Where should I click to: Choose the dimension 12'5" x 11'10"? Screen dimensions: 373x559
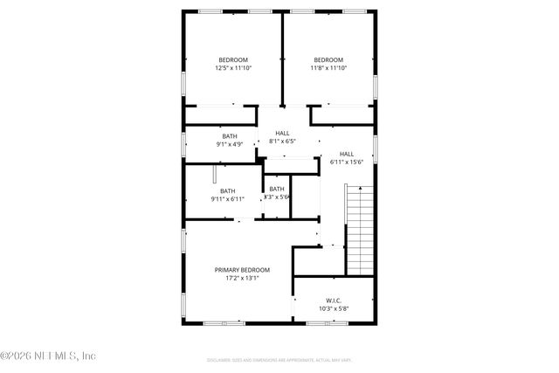(x=233, y=68)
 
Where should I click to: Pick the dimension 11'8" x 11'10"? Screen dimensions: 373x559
(x=328, y=68)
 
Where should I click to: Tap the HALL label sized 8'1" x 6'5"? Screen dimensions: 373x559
(x=282, y=133)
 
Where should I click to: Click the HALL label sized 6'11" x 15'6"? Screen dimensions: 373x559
(x=347, y=153)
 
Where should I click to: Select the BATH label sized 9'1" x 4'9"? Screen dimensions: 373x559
(x=229, y=136)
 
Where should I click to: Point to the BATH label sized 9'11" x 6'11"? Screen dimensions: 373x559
(x=227, y=191)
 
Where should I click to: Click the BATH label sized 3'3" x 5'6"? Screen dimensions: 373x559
(x=276, y=189)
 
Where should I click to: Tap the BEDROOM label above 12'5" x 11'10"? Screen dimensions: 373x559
(x=233, y=59)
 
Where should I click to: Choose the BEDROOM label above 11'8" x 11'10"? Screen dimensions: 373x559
(x=328, y=59)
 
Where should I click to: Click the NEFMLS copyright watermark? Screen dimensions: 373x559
(x=48, y=356)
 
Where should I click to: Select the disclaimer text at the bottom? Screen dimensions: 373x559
(x=279, y=359)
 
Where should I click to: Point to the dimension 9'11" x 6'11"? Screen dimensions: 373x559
(x=227, y=199)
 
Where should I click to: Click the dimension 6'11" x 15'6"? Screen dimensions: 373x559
(x=347, y=162)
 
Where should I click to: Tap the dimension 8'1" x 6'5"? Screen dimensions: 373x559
(x=282, y=142)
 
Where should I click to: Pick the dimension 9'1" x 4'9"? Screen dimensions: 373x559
(x=229, y=145)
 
